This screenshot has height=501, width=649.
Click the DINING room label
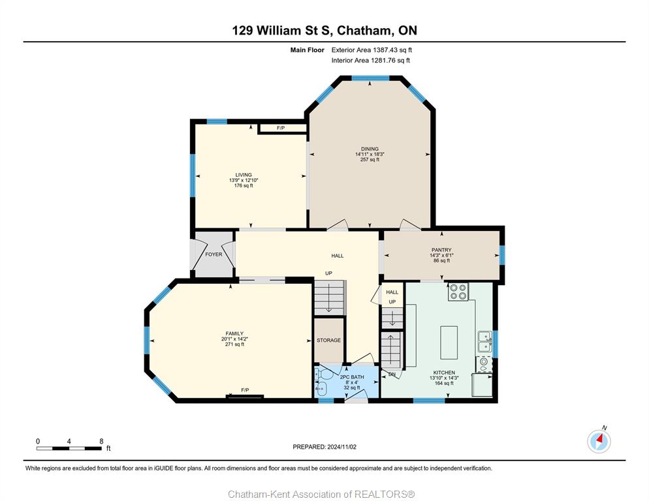click(370, 149)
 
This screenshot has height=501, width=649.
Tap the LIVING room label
click(244, 175)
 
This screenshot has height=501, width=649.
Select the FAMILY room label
click(234, 333)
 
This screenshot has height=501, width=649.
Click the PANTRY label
click(441, 250)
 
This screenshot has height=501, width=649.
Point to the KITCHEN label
click(444, 372)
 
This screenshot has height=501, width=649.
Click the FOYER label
click(214, 254)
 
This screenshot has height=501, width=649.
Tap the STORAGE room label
click(328, 340)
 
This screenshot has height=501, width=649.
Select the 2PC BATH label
click(352, 377)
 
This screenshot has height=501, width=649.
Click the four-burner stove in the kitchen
click(458, 291)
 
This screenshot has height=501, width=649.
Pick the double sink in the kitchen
click(484, 341)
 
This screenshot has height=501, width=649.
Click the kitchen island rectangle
click(449, 342)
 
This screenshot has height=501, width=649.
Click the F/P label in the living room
click(281, 129)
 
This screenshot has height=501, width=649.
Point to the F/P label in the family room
click(245, 390)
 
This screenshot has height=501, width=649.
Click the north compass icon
click(599, 442)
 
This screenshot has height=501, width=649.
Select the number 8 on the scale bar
click(101, 442)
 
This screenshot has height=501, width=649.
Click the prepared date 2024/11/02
click(342, 447)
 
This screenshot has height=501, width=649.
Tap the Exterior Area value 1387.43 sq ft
click(392, 50)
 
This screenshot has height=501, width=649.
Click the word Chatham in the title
click(364, 31)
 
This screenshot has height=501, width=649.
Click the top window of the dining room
click(370, 78)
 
